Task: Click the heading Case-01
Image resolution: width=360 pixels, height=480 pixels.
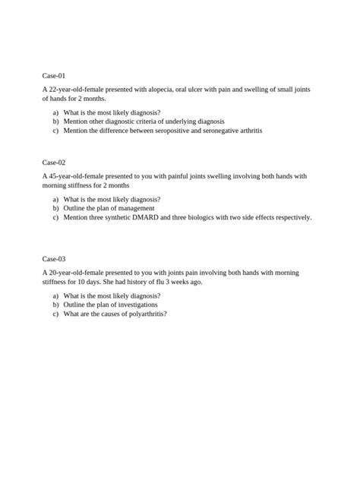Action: [x=54, y=76]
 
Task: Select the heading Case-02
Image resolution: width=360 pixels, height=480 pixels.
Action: [x=54, y=163]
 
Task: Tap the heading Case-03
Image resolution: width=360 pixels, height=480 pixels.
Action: [x=54, y=259]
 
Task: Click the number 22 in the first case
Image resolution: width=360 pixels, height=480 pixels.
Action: [x=52, y=90]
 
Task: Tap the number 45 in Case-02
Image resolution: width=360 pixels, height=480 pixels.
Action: [x=52, y=176]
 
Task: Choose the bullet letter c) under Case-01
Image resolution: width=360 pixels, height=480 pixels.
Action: [x=55, y=130]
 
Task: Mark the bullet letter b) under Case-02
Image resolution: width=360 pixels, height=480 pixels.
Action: [x=55, y=208]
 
